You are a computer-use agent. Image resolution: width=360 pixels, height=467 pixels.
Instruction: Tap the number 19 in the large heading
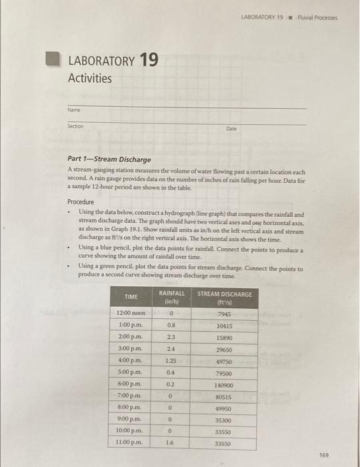click(149, 61)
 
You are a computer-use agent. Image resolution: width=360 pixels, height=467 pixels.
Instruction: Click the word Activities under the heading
click(90, 78)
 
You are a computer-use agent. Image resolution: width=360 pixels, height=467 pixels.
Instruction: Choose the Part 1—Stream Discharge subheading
click(109, 159)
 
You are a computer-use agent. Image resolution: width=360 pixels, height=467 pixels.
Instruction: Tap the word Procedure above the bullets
click(81, 201)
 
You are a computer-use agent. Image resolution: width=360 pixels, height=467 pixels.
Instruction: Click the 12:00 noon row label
click(131, 313)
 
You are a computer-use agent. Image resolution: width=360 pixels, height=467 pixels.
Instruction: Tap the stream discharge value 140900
click(224, 386)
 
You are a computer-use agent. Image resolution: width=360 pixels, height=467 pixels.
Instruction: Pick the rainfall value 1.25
click(171, 361)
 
